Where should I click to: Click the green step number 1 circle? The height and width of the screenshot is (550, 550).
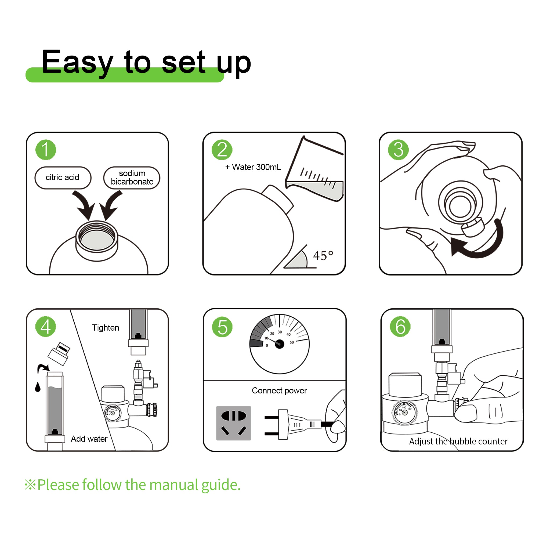pos(46,150)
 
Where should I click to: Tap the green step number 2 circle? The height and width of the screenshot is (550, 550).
pos(222,150)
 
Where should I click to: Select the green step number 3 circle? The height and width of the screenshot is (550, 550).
pos(399,150)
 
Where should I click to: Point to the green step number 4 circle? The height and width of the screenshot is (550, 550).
pos(46,327)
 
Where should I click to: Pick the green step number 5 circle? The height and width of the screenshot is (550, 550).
pos(222,327)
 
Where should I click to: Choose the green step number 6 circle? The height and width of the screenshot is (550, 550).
pos(400,327)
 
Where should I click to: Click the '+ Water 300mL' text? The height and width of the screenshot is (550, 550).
pos(253,167)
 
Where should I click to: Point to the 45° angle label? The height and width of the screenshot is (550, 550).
pos(323,255)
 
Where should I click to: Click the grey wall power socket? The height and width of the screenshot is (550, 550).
pos(234,423)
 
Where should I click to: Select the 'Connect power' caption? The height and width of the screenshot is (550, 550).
pos(279,390)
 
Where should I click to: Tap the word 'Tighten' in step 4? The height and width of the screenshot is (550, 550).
pos(106,328)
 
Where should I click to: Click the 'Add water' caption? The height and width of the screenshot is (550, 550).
pos(89,439)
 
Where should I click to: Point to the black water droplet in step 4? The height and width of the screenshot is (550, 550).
pos(38,387)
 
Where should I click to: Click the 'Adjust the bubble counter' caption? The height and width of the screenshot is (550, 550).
pos(458,441)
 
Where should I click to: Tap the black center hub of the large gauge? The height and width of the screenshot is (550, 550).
pos(279,344)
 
